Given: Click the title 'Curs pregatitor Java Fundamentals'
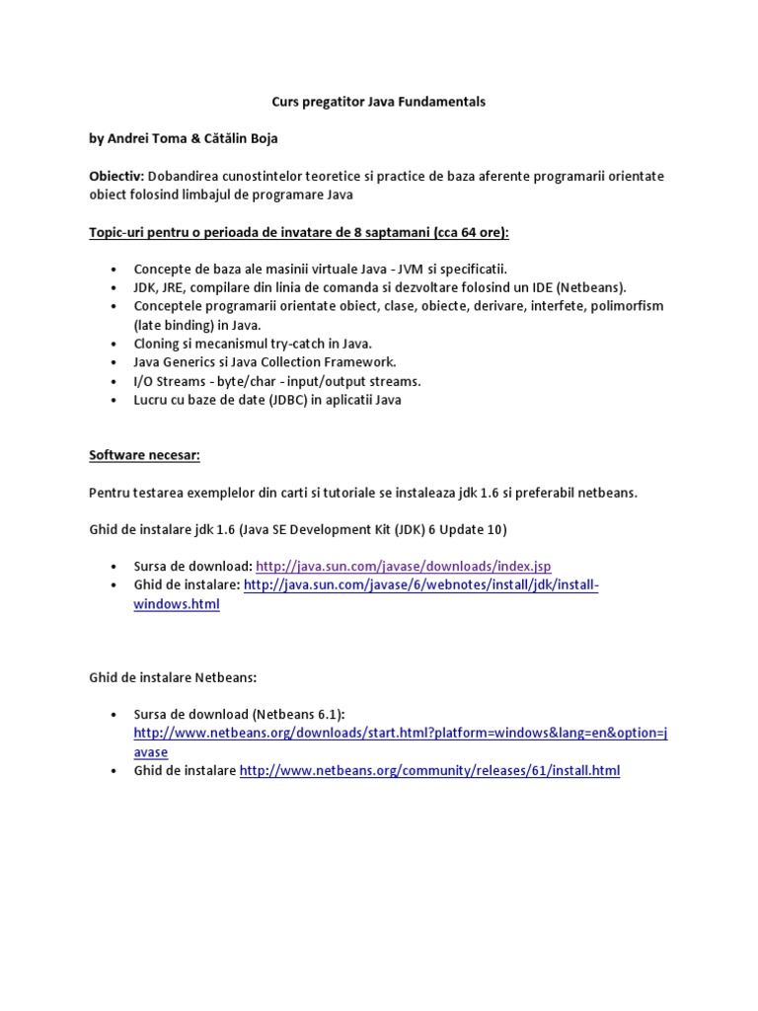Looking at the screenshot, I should pyautogui.click(x=379, y=102).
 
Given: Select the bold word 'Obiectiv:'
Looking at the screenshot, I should pyautogui.click(x=117, y=176).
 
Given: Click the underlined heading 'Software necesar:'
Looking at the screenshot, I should pyautogui.click(x=144, y=455).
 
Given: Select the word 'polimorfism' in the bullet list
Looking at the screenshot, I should pyautogui.click(x=626, y=306).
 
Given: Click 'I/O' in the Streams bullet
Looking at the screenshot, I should pyautogui.click(x=145, y=381).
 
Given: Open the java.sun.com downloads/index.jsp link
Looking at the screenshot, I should pyautogui.click(x=403, y=566).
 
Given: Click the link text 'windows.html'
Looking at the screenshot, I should pyautogui.click(x=177, y=604).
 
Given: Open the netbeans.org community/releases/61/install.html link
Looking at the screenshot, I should pyautogui.click(x=429, y=771).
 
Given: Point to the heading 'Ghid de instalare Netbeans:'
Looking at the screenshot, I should pyautogui.click(x=173, y=677).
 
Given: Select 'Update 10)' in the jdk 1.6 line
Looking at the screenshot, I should pyautogui.click(x=473, y=529).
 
